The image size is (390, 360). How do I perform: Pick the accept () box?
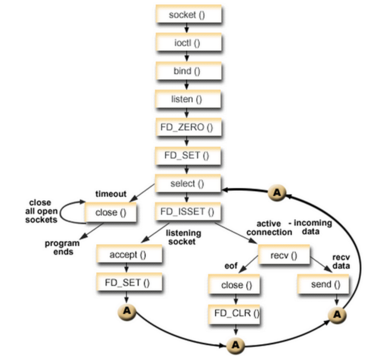129,255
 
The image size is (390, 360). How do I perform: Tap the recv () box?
284,255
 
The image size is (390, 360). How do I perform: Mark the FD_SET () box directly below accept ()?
129,283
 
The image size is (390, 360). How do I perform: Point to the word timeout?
111,194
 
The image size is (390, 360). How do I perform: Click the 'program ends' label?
62,247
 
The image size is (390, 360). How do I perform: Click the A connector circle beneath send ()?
336,315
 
